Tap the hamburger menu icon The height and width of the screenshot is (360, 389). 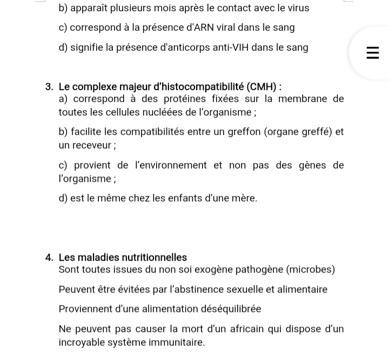tap(372, 53)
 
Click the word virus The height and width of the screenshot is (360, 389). tap(297, 8)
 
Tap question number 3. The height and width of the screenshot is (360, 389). tap(49, 87)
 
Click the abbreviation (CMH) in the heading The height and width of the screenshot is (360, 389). tap(264, 87)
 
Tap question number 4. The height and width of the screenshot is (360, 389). tap(49, 258)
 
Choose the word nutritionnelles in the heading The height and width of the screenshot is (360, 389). tap(155, 258)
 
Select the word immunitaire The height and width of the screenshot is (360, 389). tap(177, 343)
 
